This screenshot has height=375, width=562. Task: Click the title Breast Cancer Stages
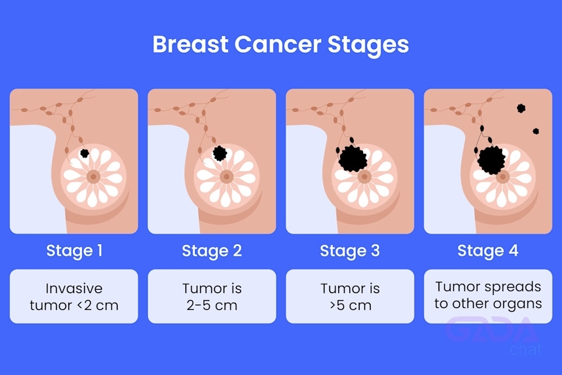click(x=280, y=45)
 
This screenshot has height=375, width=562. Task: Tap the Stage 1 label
click(x=74, y=251)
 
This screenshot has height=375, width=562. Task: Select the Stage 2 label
click(x=212, y=251)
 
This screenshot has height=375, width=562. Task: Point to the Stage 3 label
click(x=350, y=251)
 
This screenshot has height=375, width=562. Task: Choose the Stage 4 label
click(x=488, y=251)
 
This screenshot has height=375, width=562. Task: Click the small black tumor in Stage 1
click(x=85, y=153)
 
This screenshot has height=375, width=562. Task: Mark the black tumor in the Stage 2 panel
click(x=220, y=153)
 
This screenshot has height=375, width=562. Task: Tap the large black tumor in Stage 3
click(x=353, y=159)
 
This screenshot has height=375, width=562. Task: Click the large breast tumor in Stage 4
click(x=491, y=160)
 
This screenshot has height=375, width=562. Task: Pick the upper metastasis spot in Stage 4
click(x=521, y=108)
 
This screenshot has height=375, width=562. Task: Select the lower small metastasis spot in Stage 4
click(x=536, y=132)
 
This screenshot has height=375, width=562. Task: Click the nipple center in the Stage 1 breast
click(x=94, y=176)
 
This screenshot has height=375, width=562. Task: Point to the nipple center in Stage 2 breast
click(x=226, y=176)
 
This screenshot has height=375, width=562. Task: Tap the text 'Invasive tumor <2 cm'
click(x=74, y=297)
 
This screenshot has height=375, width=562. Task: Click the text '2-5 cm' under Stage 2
click(x=212, y=305)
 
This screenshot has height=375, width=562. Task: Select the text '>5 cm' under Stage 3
click(x=350, y=305)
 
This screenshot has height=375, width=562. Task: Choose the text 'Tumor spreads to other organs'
click(x=488, y=295)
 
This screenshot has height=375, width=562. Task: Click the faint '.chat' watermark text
click(x=524, y=350)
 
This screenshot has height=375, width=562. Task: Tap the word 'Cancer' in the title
click(x=278, y=44)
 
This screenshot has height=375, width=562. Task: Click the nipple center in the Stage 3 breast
click(x=364, y=176)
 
